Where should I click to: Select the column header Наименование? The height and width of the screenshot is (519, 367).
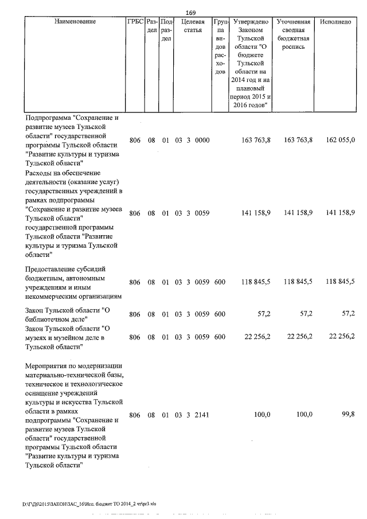point(75,22)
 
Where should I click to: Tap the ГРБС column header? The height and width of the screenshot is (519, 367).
point(135,22)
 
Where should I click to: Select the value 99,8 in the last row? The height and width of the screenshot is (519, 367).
point(348,415)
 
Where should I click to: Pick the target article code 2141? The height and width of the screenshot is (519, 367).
point(202,415)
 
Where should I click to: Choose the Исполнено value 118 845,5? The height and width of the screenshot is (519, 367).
point(340,282)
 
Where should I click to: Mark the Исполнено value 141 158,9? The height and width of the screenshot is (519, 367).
point(340,213)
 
